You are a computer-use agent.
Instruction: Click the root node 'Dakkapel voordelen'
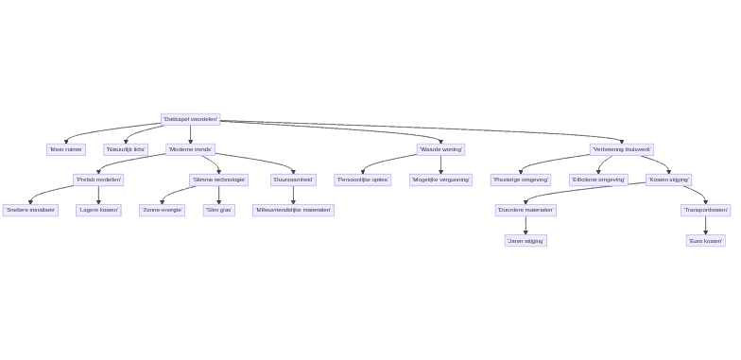point(190,119)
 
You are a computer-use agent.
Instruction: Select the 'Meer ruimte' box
point(66,149)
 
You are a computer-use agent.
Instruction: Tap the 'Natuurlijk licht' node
point(126,149)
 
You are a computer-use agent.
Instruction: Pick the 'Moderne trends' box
point(190,149)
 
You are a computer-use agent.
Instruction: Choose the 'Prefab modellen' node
point(98,180)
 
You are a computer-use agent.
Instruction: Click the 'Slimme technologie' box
point(218,180)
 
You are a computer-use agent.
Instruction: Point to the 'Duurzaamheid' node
point(293,180)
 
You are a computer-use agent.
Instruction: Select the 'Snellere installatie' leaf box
point(30,210)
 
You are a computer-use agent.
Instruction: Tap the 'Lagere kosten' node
point(98,210)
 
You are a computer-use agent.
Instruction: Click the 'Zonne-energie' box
point(162,210)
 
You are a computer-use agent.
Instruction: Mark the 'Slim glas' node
point(218,210)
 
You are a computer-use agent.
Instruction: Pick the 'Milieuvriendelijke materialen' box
point(293,210)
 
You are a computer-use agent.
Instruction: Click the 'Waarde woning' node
point(440,149)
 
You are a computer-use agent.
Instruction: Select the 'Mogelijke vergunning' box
point(440,180)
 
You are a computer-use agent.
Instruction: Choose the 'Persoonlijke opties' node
point(362,180)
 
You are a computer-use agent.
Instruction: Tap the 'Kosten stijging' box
point(668,180)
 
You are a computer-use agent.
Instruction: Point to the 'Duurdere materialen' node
point(526,210)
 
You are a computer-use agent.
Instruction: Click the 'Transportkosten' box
point(705,210)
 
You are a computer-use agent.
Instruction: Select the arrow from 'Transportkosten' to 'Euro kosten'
point(705,225)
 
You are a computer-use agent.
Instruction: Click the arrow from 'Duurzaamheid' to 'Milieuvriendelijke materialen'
point(293,195)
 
